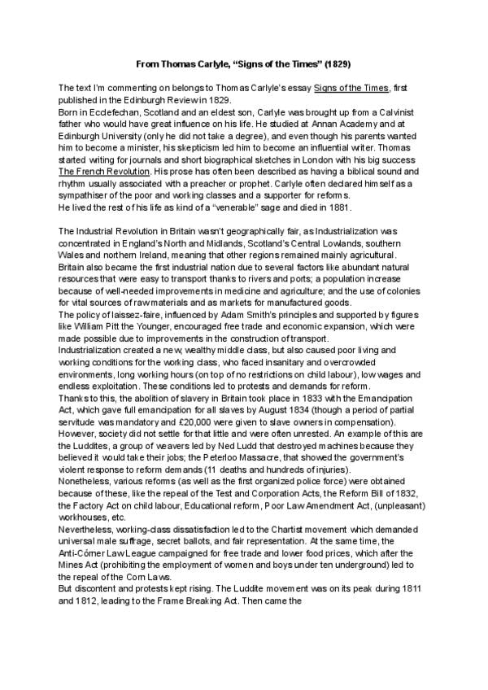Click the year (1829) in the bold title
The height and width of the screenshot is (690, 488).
(x=334, y=62)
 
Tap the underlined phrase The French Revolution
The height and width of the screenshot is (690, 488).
(x=104, y=172)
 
